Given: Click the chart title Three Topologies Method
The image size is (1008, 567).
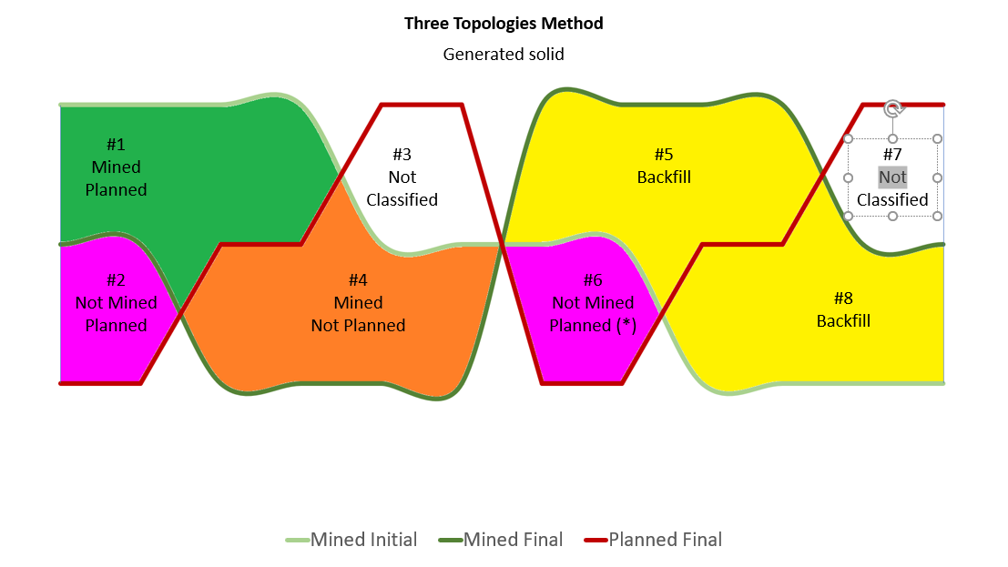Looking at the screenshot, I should click(x=504, y=24).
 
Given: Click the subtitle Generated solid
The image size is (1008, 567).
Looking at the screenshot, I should click(x=504, y=55).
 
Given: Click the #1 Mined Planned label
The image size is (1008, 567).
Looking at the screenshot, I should click(x=116, y=167).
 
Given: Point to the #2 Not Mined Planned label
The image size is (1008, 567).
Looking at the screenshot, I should click(x=116, y=302).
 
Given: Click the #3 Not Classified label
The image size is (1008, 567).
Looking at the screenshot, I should click(x=402, y=177).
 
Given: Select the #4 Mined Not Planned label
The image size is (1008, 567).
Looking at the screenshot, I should click(x=358, y=302).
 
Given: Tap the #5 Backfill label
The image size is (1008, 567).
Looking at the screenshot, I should click(x=664, y=166).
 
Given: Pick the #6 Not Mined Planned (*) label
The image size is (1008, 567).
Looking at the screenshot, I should click(x=593, y=302).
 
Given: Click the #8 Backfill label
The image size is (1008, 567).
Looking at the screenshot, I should click(x=843, y=309).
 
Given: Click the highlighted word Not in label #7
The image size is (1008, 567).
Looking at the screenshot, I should click(x=892, y=177).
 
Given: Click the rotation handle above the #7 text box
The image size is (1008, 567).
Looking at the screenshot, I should click(x=892, y=109).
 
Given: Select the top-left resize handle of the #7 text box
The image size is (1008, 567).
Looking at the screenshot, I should click(x=849, y=139).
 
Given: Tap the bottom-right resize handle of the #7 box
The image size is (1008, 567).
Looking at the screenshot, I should click(x=937, y=216).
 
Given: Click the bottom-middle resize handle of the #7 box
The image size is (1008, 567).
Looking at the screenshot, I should click(x=892, y=216).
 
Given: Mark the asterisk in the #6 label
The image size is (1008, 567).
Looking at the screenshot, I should click(x=626, y=325).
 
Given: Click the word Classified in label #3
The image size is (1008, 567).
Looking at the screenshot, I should click(x=402, y=200).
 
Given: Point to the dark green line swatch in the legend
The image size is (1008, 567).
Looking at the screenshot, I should click(x=450, y=540).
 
